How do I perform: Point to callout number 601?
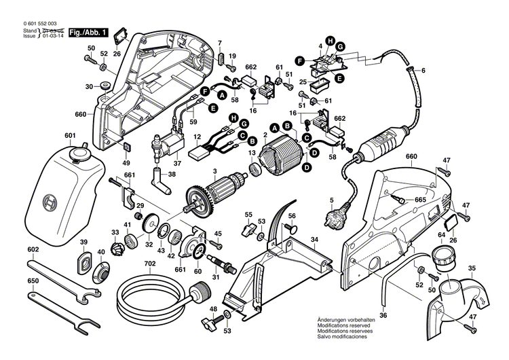[70, 136]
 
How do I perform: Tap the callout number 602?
[33, 249]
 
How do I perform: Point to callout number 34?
[314, 239]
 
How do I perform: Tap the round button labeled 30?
[106, 86]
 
